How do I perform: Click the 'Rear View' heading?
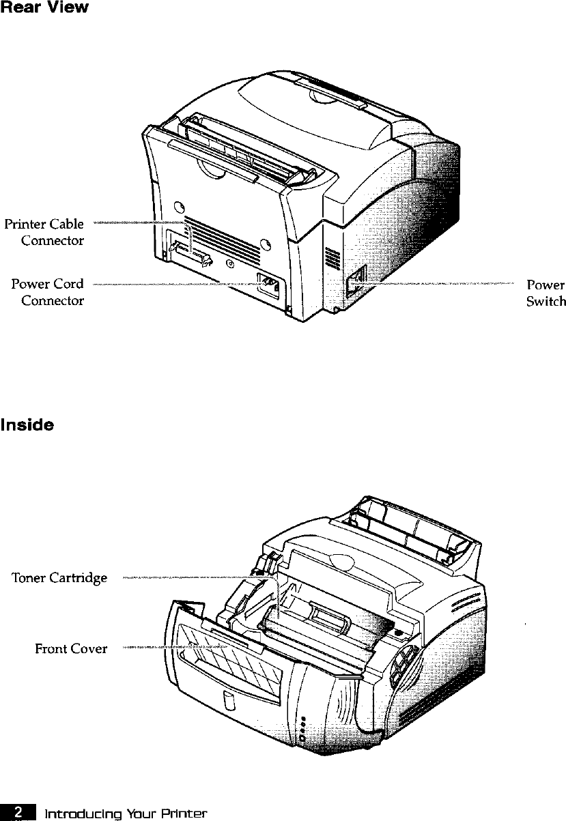[44, 10]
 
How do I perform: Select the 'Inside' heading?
[27, 424]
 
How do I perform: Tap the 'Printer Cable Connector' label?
[44, 232]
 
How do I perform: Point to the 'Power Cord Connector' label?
[48, 292]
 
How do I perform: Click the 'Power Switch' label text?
[546, 292]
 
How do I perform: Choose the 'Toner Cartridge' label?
[59, 578]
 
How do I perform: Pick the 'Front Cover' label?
[71, 648]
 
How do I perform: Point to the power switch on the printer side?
[358, 280]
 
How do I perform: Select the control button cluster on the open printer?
[402, 663]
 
